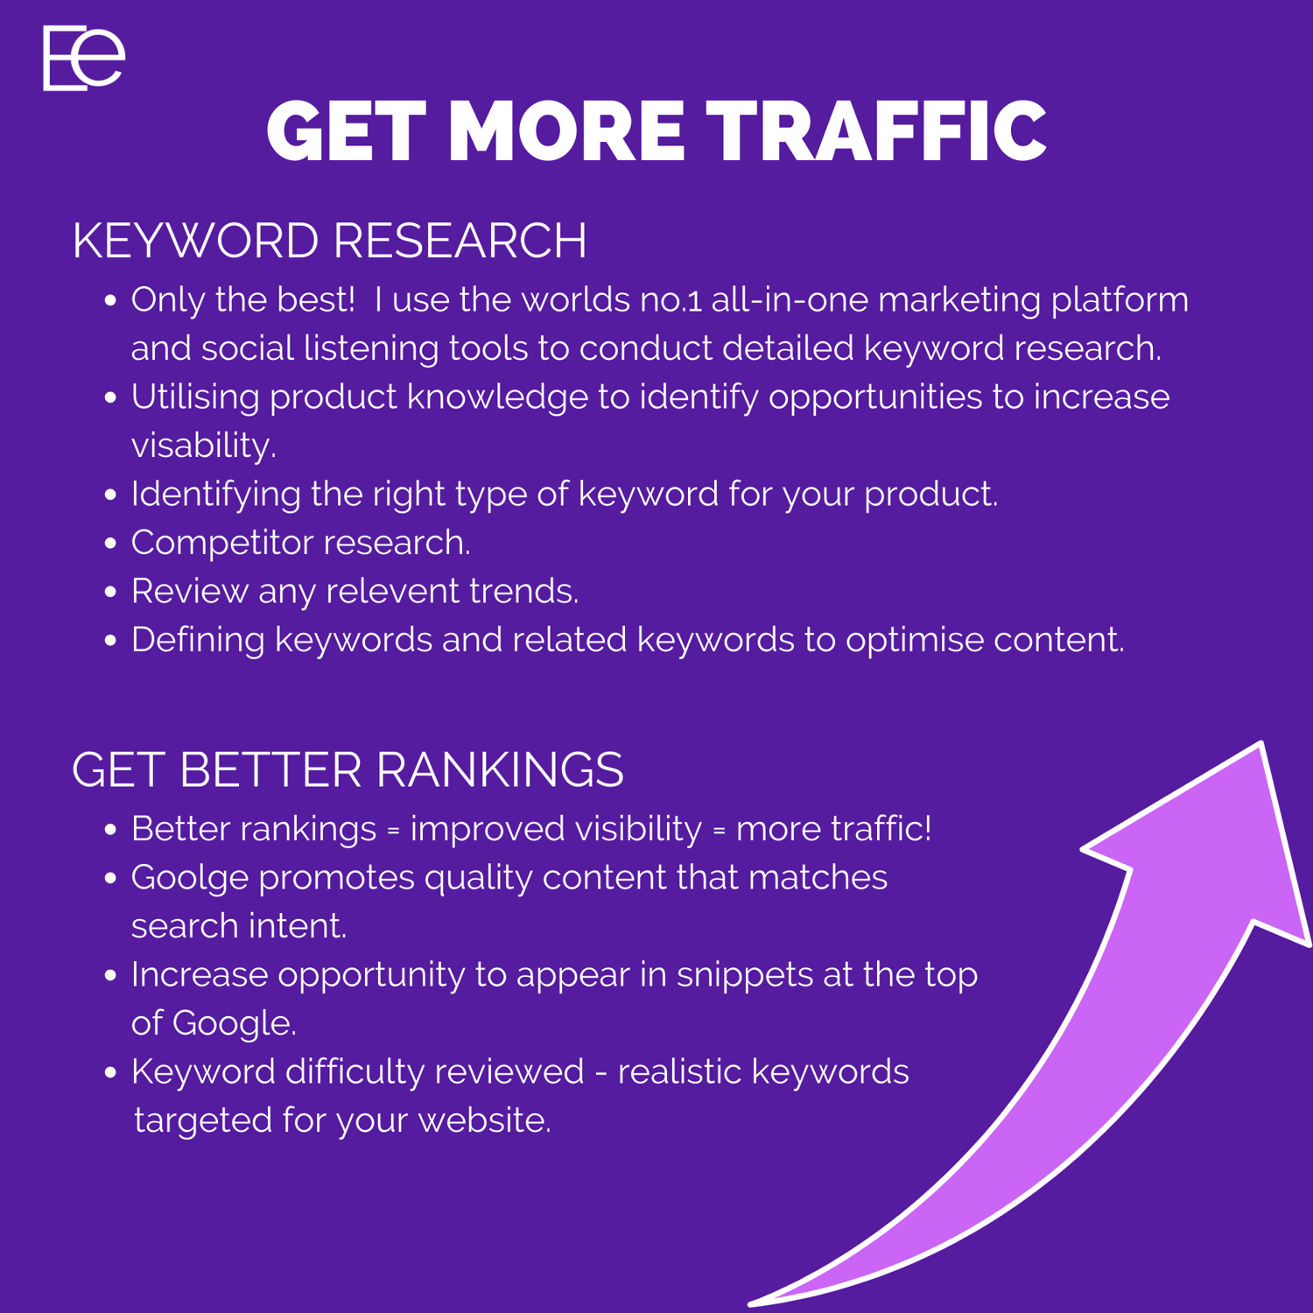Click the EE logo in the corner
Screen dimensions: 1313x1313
coord(84,58)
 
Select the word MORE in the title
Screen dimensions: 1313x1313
coord(566,131)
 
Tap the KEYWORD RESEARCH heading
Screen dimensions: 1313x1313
coord(329,241)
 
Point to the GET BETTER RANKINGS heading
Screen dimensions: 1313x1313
coord(348,770)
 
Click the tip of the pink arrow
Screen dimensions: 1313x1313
coord(1260,743)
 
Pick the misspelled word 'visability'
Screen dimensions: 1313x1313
coord(203,446)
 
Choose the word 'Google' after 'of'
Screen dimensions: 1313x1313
coord(234,1023)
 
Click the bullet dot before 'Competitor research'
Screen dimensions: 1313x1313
coord(110,543)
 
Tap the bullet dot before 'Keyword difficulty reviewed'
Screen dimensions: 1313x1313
coord(110,1072)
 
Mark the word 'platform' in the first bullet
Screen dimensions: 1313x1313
coord(1120,300)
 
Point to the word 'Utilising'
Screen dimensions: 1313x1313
coord(195,397)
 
